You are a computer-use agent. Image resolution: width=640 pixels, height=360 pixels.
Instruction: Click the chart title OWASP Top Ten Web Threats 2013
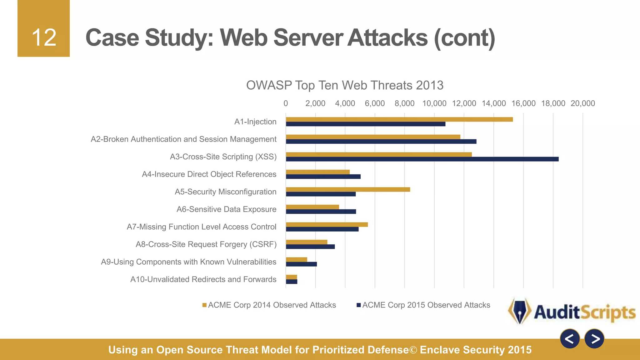click(345, 85)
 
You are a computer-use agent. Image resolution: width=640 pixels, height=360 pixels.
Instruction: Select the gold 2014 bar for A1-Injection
click(399, 119)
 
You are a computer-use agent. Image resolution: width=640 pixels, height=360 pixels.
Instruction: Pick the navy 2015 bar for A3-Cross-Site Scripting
click(422, 159)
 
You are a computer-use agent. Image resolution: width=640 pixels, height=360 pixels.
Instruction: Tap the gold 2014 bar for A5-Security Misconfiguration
click(347, 189)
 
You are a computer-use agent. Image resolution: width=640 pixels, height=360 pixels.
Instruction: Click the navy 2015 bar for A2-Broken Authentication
click(381, 142)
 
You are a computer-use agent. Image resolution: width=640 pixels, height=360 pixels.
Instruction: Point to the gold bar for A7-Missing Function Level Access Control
click(327, 224)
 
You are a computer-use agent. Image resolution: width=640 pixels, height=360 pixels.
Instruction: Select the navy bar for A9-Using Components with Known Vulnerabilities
click(301, 264)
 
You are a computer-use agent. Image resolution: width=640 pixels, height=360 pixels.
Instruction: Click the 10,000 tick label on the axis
click(434, 103)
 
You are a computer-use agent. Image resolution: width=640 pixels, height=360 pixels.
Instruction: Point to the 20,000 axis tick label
click(582, 103)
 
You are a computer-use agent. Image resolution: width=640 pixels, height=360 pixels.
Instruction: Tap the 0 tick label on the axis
click(286, 103)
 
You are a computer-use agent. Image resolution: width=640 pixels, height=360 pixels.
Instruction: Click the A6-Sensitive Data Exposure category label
click(226, 209)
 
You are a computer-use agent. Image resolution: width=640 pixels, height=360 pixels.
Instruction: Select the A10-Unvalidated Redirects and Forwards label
click(203, 279)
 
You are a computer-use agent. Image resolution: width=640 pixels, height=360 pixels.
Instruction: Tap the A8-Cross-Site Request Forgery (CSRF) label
click(206, 244)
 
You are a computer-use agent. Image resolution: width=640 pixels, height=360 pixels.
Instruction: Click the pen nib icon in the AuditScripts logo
click(520, 311)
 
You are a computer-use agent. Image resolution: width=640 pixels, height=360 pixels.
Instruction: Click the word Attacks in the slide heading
click(387, 38)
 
